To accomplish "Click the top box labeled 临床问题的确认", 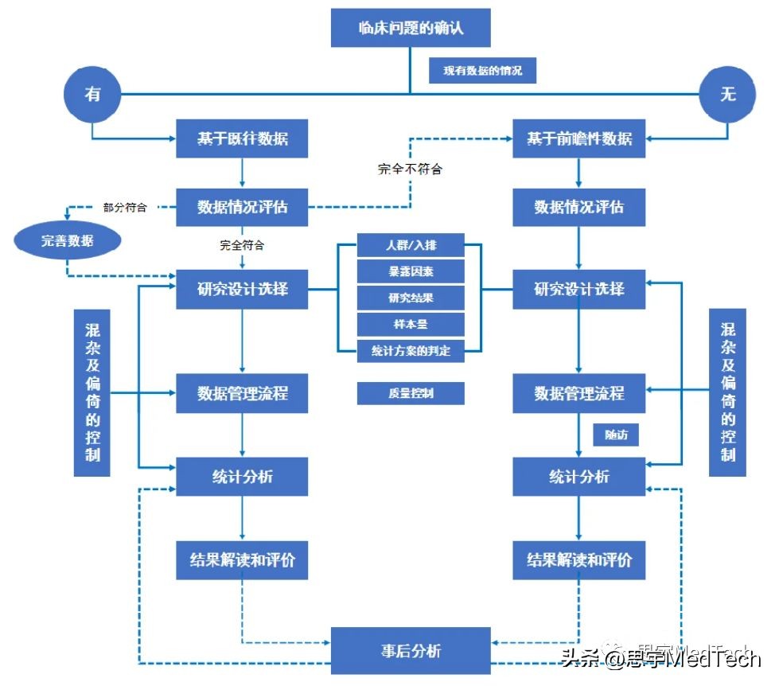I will pyautogui.click(x=410, y=29).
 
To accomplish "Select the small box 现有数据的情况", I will pyautogui.click(x=482, y=70).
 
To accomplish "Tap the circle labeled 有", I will pyautogui.click(x=92, y=94).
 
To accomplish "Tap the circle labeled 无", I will pyautogui.click(x=727, y=95).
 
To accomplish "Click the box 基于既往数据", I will pyautogui.click(x=242, y=138).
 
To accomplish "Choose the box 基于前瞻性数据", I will pyautogui.click(x=578, y=138).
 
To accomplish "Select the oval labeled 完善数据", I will pyautogui.click(x=67, y=240).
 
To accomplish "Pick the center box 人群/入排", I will pyautogui.click(x=411, y=245).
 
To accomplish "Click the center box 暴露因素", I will pyautogui.click(x=411, y=271).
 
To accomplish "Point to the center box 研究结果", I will pyautogui.click(x=411, y=298).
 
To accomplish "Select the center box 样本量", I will pyautogui.click(x=411, y=324).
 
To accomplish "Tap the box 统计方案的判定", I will pyautogui.click(x=411, y=350).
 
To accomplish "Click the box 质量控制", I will pyautogui.click(x=411, y=393).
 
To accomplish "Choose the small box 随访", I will pyautogui.click(x=616, y=435).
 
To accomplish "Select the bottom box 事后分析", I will pyautogui.click(x=410, y=650).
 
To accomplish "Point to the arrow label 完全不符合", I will pyautogui.click(x=410, y=169).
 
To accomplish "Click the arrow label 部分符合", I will pyautogui.click(x=125, y=207).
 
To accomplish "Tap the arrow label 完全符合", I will pyautogui.click(x=242, y=245).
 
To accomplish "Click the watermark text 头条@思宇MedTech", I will pyautogui.click(x=660, y=657).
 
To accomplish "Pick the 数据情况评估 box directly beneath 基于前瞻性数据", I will pyautogui.click(x=578, y=208).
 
